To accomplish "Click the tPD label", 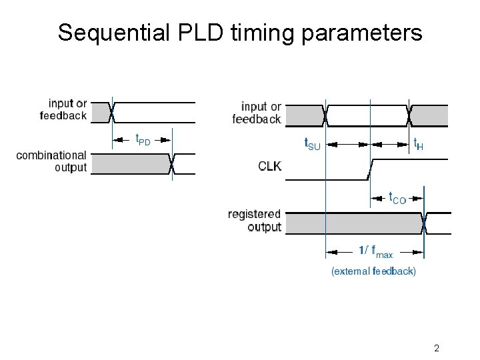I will click(143, 139).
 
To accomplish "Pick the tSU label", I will click(312, 143).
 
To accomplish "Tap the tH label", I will click(418, 143).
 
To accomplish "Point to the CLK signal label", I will click(269, 166).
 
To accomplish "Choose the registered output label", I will click(255, 221).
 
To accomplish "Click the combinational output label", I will click(51, 161).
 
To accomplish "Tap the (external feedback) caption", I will click(373, 271).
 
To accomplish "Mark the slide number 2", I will click(436, 348).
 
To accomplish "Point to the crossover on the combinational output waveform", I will click(173, 163).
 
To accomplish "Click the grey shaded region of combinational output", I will click(130, 163).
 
